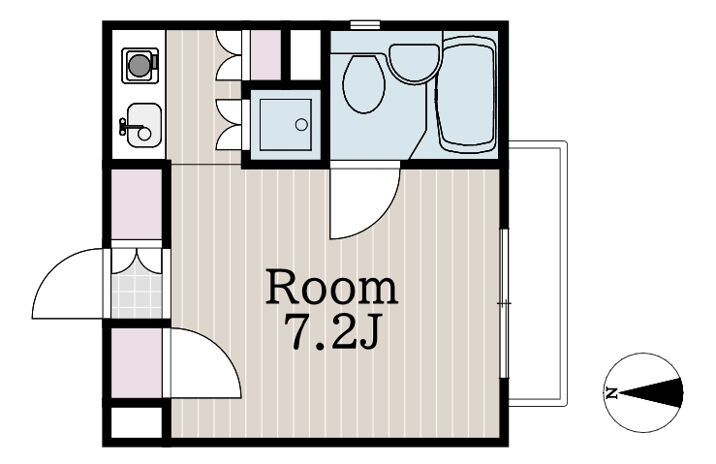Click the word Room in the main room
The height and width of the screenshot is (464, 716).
332,287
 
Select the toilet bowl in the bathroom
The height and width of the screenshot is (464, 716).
364,84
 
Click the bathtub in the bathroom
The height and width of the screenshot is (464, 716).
467,94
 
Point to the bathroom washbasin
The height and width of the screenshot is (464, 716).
415,64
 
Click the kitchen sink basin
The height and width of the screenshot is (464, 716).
144,125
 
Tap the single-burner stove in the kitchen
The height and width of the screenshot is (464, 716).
140,65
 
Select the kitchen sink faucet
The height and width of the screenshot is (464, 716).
129,126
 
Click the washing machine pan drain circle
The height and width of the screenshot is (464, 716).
301,124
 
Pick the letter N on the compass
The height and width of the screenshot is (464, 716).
611,392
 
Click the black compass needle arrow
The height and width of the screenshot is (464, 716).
651,392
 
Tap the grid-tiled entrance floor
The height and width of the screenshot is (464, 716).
137,295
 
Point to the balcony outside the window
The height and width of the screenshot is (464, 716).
538,273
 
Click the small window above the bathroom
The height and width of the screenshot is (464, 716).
365,24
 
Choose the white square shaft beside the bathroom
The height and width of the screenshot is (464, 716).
306,55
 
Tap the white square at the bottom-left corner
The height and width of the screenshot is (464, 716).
137,422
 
